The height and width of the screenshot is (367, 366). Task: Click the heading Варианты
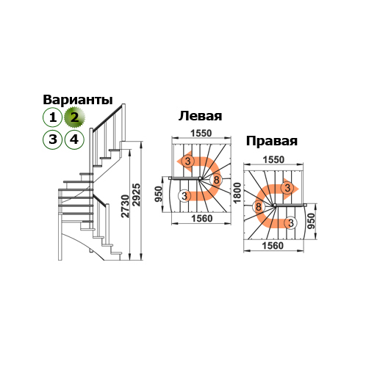(x=78, y=100)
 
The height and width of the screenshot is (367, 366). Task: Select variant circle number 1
(x=53, y=117)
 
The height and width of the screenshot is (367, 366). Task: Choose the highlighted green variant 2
(x=74, y=117)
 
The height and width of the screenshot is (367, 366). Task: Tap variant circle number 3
(x=53, y=139)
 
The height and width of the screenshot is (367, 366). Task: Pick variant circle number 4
(x=74, y=139)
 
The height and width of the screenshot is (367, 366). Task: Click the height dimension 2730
(x=125, y=206)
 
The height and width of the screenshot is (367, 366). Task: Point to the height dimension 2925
(x=136, y=195)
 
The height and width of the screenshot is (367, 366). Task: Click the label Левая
(x=200, y=116)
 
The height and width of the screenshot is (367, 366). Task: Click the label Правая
(x=272, y=141)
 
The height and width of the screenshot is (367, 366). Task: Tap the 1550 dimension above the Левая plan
(x=201, y=134)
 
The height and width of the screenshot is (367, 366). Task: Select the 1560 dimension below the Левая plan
(x=202, y=219)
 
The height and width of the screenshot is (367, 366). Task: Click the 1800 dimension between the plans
(x=237, y=193)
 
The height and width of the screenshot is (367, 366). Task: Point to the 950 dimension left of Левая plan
(x=159, y=195)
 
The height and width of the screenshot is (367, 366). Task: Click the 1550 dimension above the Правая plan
(x=273, y=160)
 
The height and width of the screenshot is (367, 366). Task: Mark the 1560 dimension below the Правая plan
(x=273, y=246)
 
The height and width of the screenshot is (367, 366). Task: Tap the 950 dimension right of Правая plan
(x=311, y=221)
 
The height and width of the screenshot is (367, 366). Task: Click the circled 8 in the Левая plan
(x=216, y=180)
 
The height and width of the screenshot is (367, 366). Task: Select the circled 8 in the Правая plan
(x=259, y=207)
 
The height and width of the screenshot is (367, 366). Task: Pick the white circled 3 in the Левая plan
(x=184, y=196)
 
